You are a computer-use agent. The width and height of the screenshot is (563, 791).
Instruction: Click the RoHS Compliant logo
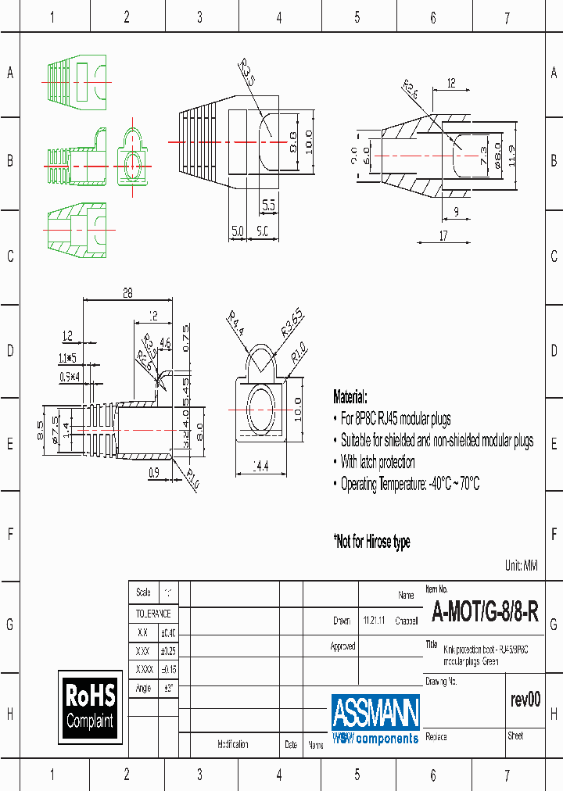(x=90, y=706)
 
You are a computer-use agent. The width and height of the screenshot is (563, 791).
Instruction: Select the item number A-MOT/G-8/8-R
(x=485, y=612)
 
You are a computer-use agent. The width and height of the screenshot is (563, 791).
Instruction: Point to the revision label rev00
(x=525, y=700)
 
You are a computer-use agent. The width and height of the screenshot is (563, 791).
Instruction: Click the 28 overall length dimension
(x=127, y=294)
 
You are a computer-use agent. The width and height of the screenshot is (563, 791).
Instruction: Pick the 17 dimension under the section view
(x=443, y=236)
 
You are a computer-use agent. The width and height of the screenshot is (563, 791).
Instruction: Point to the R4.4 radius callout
(x=236, y=323)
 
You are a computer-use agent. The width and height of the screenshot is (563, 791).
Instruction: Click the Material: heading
(x=350, y=396)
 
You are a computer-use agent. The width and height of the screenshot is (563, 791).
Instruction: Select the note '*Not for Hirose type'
(x=371, y=542)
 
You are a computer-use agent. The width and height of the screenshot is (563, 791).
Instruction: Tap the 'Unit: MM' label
(x=522, y=565)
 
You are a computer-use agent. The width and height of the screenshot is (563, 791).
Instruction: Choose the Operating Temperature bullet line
(x=410, y=484)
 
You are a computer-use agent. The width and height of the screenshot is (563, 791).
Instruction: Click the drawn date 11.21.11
(x=374, y=621)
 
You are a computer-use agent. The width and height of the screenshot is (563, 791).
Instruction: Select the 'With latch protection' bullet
(x=378, y=462)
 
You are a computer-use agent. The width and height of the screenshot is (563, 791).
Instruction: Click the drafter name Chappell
(x=407, y=621)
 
